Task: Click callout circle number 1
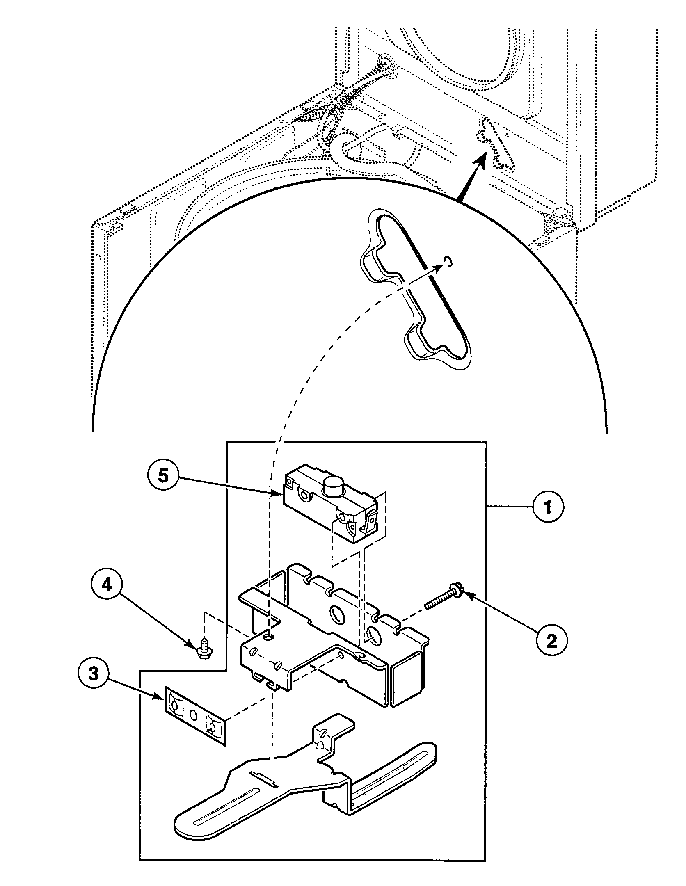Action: (x=548, y=507)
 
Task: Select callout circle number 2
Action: (x=551, y=639)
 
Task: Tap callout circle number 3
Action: (x=94, y=674)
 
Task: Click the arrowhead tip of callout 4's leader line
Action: (x=196, y=648)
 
